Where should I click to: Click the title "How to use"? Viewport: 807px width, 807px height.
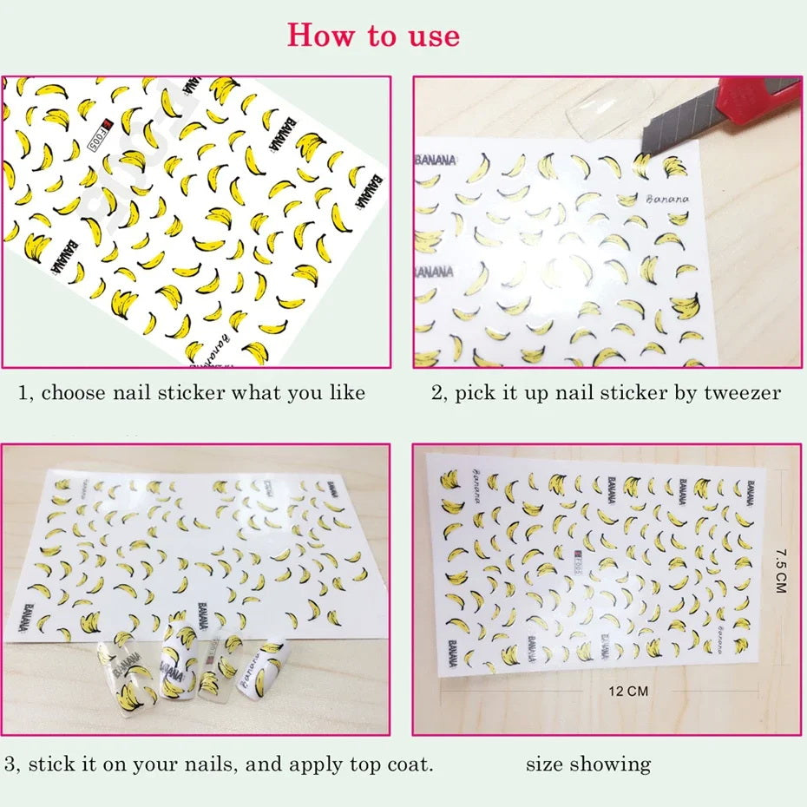tap(373, 36)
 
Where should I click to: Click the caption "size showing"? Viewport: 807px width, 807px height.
tap(587, 764)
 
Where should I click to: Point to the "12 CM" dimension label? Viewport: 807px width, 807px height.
tap(628, 692)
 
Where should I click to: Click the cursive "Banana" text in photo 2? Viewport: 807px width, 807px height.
tap(666, 200)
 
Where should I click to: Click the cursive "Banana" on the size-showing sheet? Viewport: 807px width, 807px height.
tap(482, 476)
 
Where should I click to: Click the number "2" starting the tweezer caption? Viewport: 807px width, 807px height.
tap(436, 393)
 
